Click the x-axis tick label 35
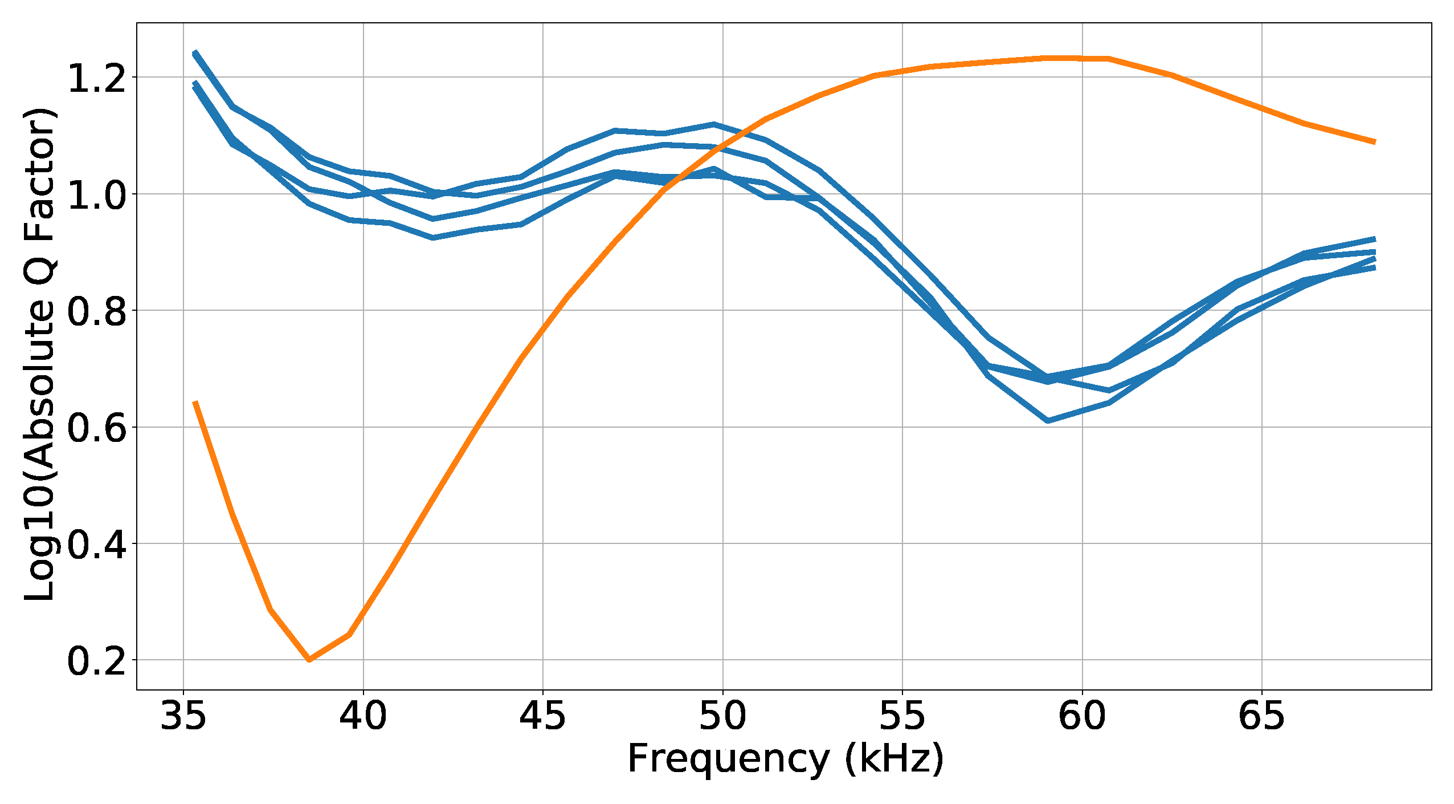(183, 717)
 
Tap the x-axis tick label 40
(363, 717)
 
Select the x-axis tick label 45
(542, 717)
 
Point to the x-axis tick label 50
(722, 717)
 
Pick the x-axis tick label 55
(902, 717)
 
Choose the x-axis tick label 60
(1082, 717)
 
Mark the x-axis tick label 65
(1261, 717)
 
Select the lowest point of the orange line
(309, 660)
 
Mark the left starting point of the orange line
(195, 402)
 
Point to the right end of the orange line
(1374, 142)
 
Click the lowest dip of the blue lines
(1048, 421)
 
